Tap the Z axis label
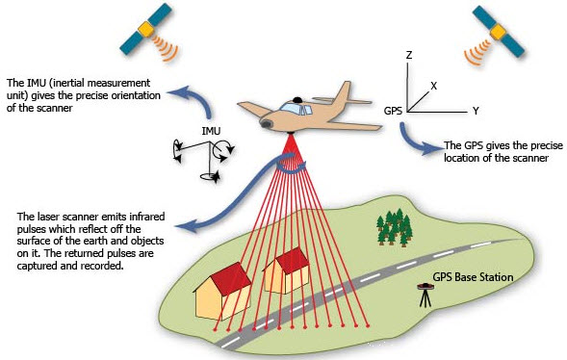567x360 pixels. pyautogui.click(x=409, y=57)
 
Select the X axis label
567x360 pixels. pyautogui.click(x=434, y=86)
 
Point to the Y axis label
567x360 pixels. pyautogui.click(x=476, y=112)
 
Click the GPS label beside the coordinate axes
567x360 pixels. pyautogui.click(x=393, y=112)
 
